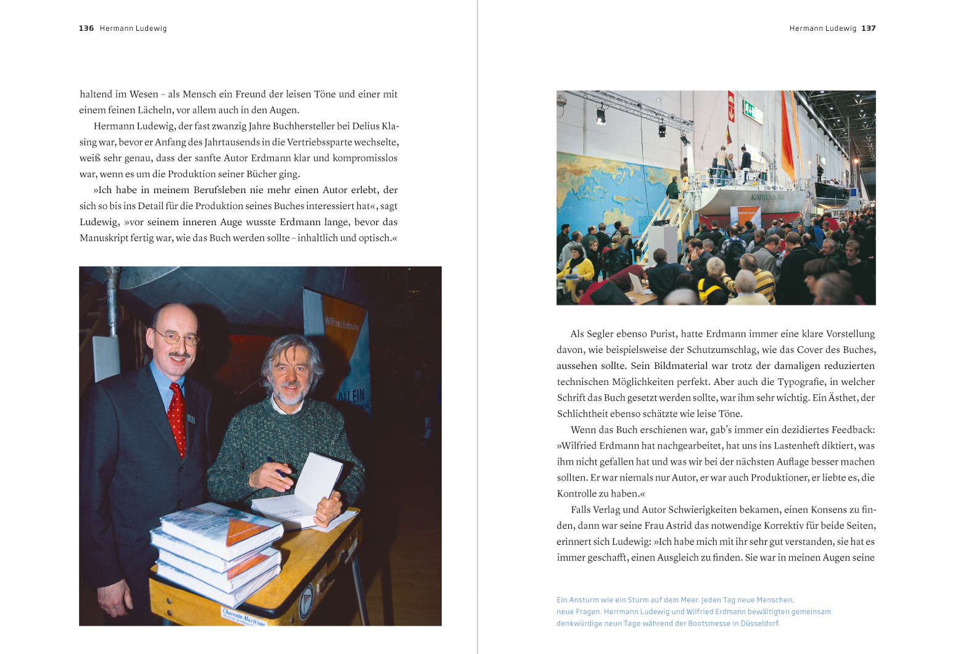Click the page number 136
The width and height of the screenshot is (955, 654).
pos(86,28)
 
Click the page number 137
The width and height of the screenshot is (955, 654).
pos(869,28)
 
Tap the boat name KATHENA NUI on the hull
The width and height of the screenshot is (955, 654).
pos(767,197)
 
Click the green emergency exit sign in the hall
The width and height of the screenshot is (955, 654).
pos(749,109)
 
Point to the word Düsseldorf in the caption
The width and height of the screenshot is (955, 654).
pos(760,623)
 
